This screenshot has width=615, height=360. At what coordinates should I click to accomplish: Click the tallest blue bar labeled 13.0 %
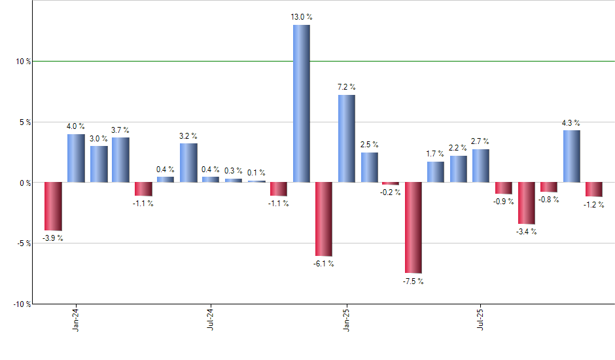pyautogui.click(x=301, y=103)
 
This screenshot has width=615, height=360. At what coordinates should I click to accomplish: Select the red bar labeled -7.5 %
pyautogui.click(x=413, y=228)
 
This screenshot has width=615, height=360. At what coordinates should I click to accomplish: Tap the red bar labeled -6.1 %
pyautogui.click(x=324, y=219)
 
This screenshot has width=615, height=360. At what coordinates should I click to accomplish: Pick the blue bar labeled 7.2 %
pyautogui.click(x=347, y=139)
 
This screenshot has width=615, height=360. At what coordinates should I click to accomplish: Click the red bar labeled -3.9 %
pyautogui.click(x=53, y=206)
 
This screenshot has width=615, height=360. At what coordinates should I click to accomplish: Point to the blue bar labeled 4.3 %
pyautogui.click(x=571, y=156)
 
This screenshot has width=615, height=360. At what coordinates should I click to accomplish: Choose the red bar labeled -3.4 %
pyautogui.click(x=527, y=203)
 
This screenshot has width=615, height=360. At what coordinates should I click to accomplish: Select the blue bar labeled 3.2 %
pyautogui.click(x=188, y=162)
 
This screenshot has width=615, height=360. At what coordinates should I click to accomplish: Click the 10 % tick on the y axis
pyautogui.click(x=24, y=62)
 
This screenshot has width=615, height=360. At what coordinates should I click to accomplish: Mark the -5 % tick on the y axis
pyautogui.click(x=24, y=243)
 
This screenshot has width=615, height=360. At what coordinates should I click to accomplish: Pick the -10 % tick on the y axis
pyautogui.click(x=22, y=304)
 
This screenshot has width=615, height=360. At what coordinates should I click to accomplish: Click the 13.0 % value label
pyautogui.click(x=301, y=18)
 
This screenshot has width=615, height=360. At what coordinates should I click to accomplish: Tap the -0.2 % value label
pyautogui.click(x=391, y=192)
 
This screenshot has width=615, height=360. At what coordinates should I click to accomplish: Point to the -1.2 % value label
pyautogui.click(x=594, y=204)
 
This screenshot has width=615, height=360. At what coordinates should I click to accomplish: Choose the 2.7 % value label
pyautogui.click(x=481, y=141)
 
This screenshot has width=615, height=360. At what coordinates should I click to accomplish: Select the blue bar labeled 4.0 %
pyautogui.click(x=76, y=158)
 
